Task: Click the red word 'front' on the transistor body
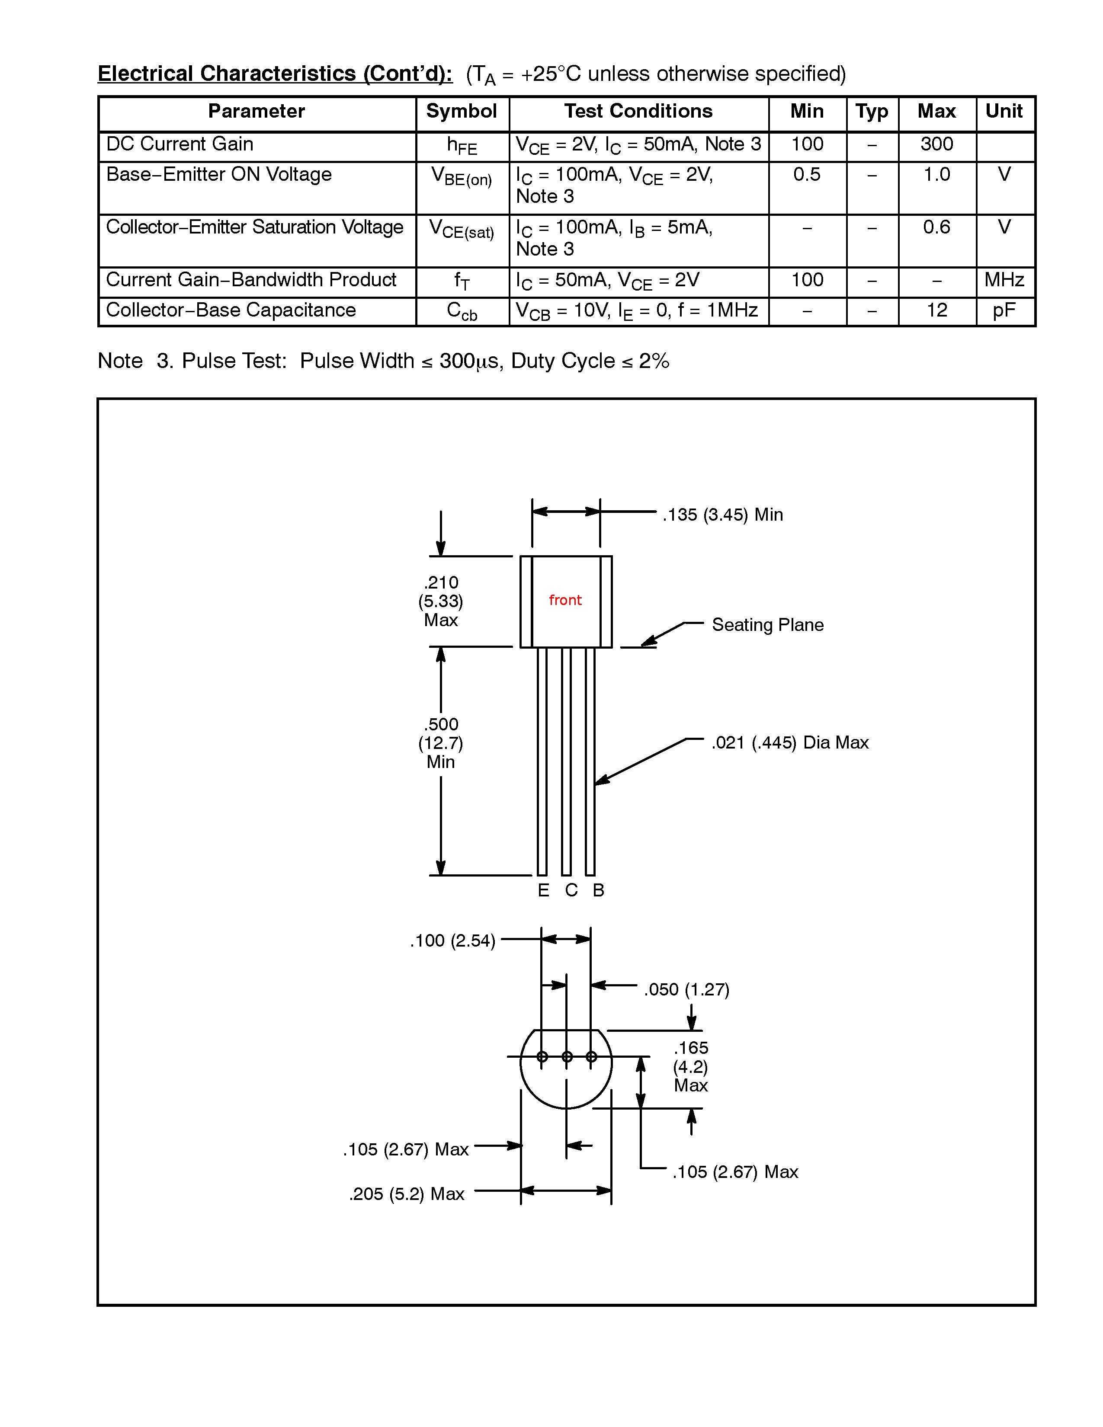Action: pyautogui.click(x=564, y=600)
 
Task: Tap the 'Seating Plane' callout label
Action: pyautogui.click(x=767, y=625)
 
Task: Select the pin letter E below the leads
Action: pyautogui.click(x=543, y=890)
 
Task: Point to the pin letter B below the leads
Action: pyautogui.click(x=598, y=890)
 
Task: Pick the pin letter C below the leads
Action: pyautogui.click(x=571, y=890)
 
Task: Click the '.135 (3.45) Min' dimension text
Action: pyautogui.click(x=722, y=515)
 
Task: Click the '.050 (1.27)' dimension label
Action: pyautogui.click(x=686, y=989)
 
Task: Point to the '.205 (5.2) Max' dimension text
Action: pyautogui.click(x=407, y=1194)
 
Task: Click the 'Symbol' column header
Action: pyautogui.click(x=462, y=111)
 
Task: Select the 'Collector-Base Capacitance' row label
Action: pyautogui.click(x=231, y=310)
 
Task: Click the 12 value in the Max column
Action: pyautogui.click(x=936, y=310)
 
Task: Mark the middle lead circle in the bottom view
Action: pyautogui.click(x=567, y=1056)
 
